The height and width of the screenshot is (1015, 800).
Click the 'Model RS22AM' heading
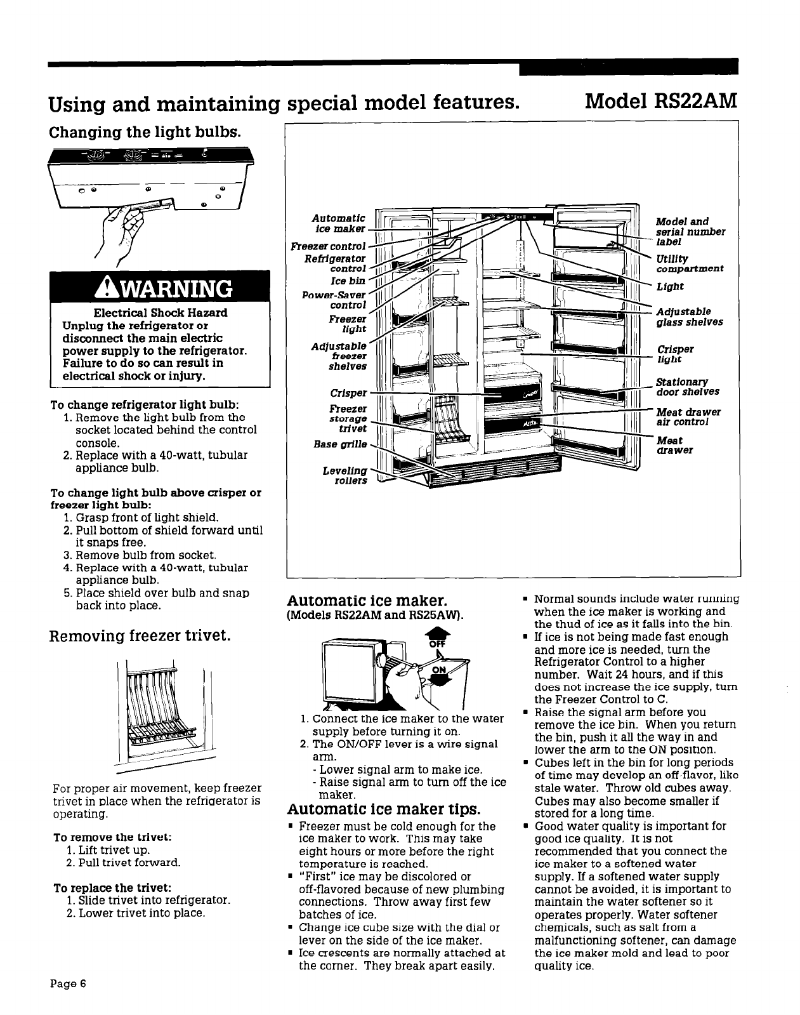661,101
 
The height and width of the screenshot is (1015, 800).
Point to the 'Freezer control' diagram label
328,246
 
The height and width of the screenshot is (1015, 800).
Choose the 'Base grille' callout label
348,444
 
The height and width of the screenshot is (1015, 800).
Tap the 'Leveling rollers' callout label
351,475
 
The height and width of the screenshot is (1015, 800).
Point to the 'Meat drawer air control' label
688,417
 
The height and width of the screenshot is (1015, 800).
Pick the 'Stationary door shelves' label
688,387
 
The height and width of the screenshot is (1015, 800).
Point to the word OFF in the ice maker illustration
437,644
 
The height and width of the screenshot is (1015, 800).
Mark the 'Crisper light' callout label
675,354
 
